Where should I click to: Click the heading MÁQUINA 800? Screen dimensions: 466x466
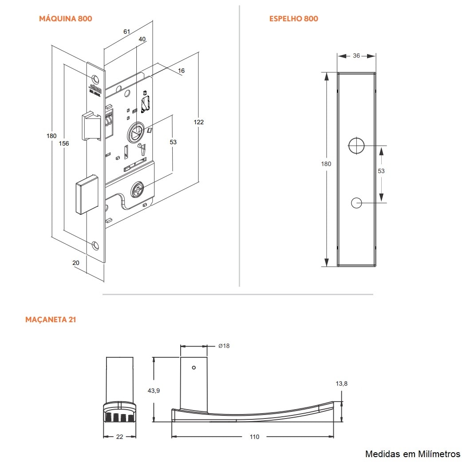tap(66, 19)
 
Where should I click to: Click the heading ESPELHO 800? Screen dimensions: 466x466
tap(293, 19)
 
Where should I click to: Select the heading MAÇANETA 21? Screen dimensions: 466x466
tap(51, 320)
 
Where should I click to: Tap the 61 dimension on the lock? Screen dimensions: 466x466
tap(127, 32)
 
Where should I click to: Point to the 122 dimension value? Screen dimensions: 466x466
tap(198, 122)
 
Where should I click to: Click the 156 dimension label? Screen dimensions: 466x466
tap(64, 143)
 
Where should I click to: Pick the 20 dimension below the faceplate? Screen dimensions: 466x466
tap(76, 263)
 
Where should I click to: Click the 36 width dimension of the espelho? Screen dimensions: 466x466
tap(356, 56)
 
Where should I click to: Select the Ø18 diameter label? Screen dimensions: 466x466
tap(224, 346)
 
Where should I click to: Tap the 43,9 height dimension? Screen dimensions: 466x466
tap(154, 391)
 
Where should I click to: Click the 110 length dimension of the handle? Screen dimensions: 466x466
tap(254, 437)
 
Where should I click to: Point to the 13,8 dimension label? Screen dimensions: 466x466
tap(342, 384)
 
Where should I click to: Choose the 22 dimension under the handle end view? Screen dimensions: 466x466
tap(119, 437)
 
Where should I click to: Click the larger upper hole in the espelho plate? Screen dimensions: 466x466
tap(356, 146)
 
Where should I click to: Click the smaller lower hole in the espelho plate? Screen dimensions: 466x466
tap(356, 203)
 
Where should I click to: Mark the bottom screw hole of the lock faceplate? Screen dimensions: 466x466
tap(95, 245)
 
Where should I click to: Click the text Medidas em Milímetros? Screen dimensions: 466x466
tap(412, 454)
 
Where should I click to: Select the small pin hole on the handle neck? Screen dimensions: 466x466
tap(194, 367)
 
